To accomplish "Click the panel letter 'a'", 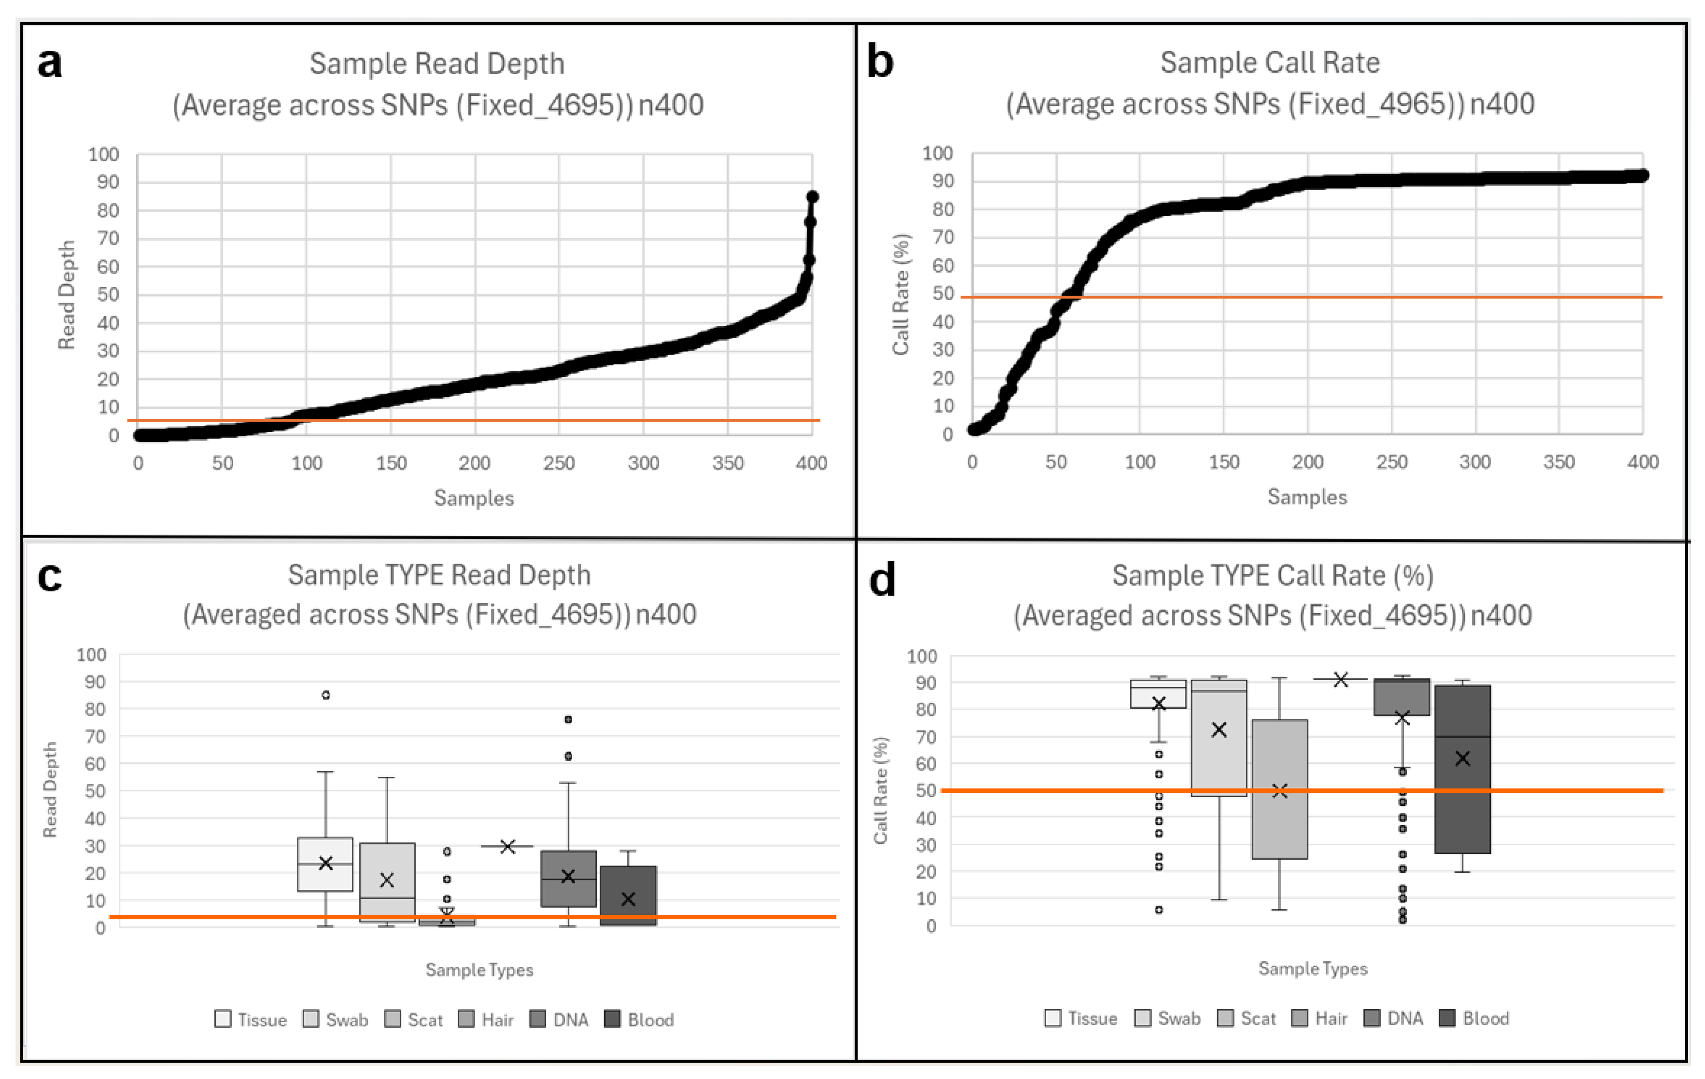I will point(50,64).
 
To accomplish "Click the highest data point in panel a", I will point(812,197).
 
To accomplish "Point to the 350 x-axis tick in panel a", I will point(727,464).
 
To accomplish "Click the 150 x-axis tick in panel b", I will point(1224,462).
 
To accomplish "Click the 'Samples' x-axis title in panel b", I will point(1307,497).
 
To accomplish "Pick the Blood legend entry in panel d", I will point(1476,1018).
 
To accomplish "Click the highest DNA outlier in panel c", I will point(568,719).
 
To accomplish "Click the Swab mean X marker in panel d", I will point(1218,730).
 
